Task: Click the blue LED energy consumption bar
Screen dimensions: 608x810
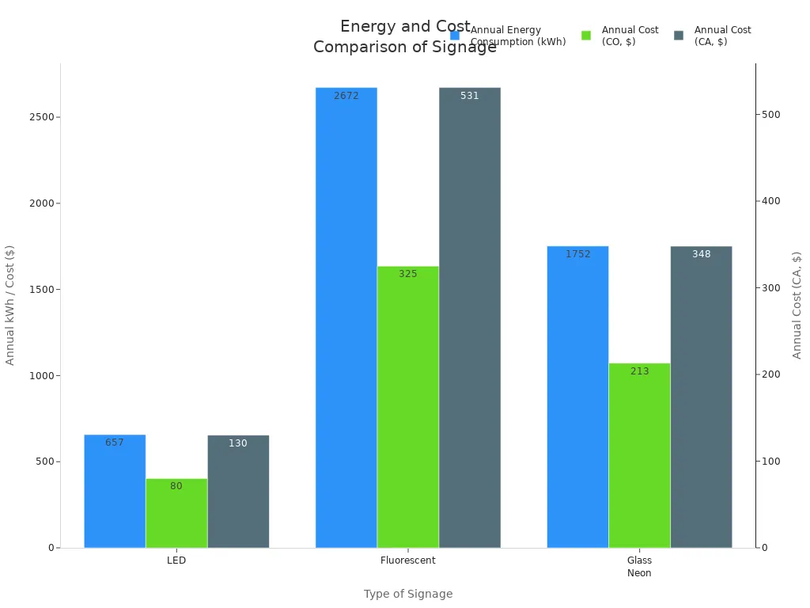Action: (x=115, y=491)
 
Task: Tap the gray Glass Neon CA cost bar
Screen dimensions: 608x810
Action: (x=701, y=397)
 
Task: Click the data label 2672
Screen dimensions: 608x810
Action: (x=346, y=96)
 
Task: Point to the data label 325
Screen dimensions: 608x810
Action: (x=408, y=274)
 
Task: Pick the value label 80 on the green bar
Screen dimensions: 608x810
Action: (x=176, y=486)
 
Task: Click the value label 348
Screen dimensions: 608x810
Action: (x=701, y=254)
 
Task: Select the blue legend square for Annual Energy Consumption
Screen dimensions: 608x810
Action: (x=455, y=36)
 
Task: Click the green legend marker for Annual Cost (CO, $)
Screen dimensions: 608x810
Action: (x=586, y=36)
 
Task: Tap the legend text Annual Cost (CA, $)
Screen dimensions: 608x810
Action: (x=722, y=36)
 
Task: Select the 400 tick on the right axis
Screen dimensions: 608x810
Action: (x=771, y=201)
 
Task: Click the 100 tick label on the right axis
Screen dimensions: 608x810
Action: (x=771, y=461)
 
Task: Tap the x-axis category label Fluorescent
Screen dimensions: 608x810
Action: (x=408, y=560)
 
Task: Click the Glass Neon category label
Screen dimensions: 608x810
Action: (x=639, y=566)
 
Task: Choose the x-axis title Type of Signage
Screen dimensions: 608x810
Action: (x=408, y=594)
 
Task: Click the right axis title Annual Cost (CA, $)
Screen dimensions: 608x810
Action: (x=797, y=305)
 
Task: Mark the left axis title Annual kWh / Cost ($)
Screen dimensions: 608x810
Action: (x=10, y=305)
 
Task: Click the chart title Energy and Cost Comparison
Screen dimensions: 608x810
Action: (x=405, y=36)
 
